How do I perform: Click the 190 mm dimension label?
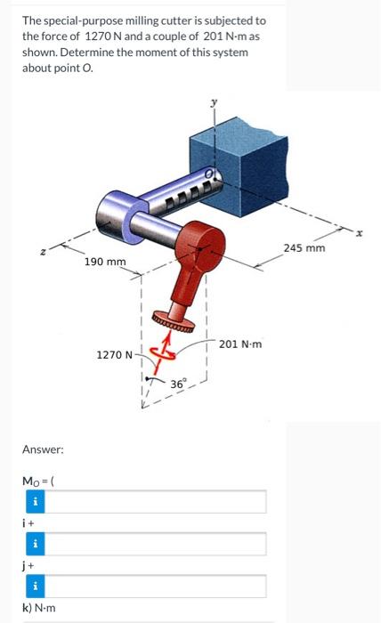tap(105, 262)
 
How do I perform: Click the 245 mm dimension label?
tap(304, 248)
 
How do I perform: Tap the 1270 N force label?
tap(115, 354)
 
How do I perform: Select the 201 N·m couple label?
tap(240, 344)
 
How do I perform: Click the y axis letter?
tap(215, 103)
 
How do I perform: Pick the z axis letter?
tap(45, 251)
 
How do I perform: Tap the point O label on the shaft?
tap(208, 174)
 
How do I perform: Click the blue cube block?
tap(239, 165)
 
